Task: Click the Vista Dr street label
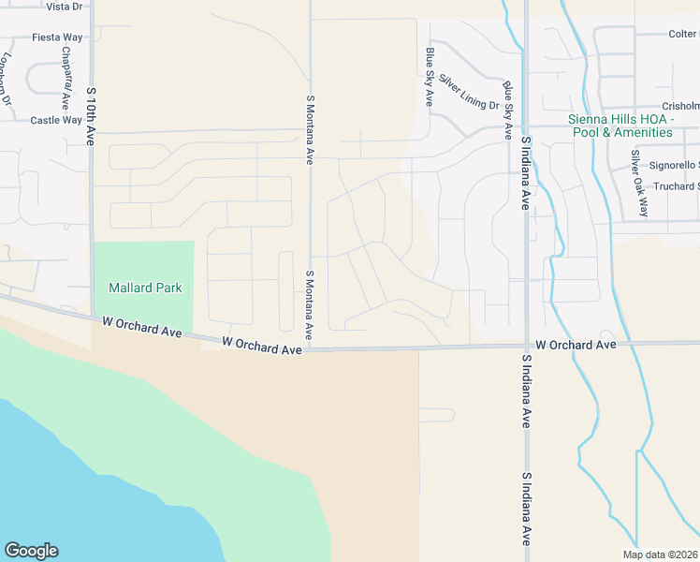tap(64, 7)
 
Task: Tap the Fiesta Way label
tap(57, 37)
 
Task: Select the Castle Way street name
tap(56, 120)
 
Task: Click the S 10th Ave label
tap(91, 116)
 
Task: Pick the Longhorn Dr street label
tap(7, 79)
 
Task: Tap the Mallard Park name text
tap(145, 288)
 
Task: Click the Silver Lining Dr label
tap(468, 92)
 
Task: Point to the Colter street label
tap(682, 34)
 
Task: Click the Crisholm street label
tap(680, 106)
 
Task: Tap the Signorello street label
tap(674, 165)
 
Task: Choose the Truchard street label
tap(676, 186)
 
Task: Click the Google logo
tap(31, 551)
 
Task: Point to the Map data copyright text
tap(660, 554)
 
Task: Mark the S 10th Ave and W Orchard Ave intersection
tap(92, 319)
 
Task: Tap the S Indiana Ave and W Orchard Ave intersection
tap(526, 347)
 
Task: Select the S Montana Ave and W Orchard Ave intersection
tap(310, 349)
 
